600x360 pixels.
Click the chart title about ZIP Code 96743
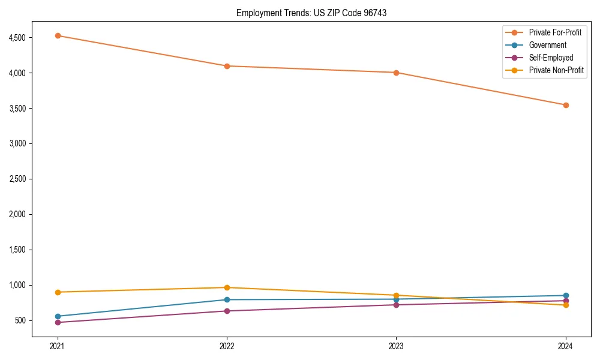(307, 13)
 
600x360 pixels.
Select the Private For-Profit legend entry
(555, 32)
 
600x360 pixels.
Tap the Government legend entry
(547, 45)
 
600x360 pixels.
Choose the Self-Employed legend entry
(551, 58)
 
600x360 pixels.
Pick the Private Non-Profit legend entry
(556, 70)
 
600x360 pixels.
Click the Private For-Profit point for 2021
(58, 35)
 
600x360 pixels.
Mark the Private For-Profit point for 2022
(227, 66)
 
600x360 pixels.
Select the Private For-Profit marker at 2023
(396, 73)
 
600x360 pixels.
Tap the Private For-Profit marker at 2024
(566, 105)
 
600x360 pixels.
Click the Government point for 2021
(58, 316)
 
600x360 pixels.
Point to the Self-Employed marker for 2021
(58, 322)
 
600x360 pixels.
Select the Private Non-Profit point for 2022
(227, 287)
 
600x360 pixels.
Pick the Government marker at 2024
(566, 295)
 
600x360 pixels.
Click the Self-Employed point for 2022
(227, 311)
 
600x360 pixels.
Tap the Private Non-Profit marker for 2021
(58, 292)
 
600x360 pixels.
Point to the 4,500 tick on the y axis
(17, 38)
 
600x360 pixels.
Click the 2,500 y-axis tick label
(17, 179)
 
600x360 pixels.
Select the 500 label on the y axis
(20, 320)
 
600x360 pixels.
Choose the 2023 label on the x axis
(396, 346)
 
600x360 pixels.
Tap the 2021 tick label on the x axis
(58, 346)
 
